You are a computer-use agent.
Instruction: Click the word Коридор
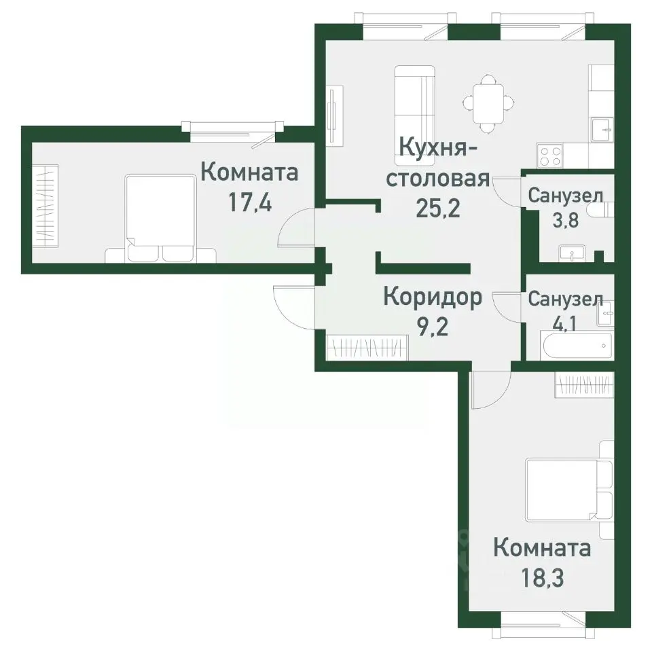tap(433, 297)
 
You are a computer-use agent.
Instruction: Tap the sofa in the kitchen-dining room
tap(414, 103)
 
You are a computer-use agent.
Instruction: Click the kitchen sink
tap(602, 128)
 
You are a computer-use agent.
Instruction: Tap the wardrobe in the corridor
tap(367, 348)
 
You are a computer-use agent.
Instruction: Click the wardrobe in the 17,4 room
tap(47, 204)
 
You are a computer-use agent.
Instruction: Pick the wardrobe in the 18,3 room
tap(585, 384)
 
